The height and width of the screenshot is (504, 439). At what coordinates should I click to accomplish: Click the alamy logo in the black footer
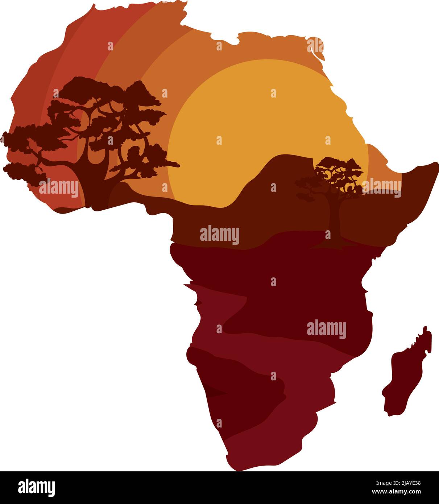tap(36, 487)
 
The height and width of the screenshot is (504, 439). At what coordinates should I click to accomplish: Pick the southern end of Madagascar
tap(390, 413)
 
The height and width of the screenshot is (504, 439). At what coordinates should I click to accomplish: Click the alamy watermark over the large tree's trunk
tap(59, 189)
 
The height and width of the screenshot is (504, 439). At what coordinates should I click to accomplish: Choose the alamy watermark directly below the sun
tap(220, 235)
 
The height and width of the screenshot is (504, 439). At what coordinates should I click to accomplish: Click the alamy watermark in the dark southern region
tap(326, 329)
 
